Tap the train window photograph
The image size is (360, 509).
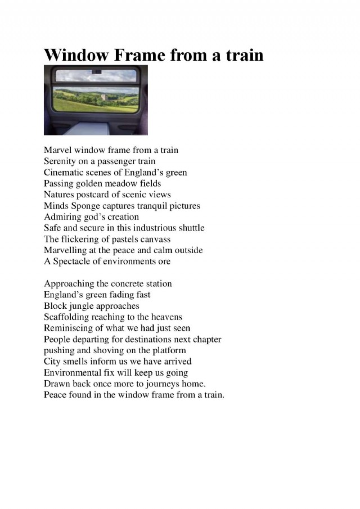click(x=96, y=100)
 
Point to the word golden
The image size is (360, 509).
click(x=91, y=183)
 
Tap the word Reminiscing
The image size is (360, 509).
click(x=69, y=328)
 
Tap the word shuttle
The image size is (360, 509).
click(x=190, y=228)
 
